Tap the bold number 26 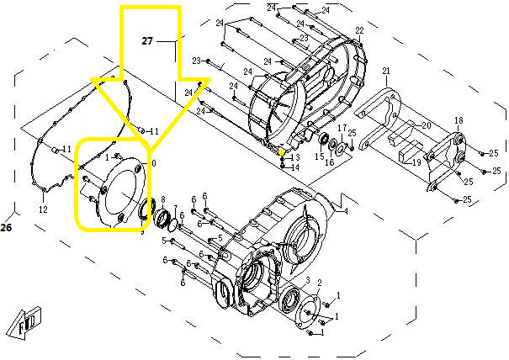7,227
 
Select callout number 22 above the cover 359,31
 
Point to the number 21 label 386,71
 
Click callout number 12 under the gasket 43,209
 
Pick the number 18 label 459,120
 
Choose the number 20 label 427,125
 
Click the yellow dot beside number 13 282,151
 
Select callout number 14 295,167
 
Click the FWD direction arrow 23,327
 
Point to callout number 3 309,279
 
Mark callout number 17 342,127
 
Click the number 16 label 331,161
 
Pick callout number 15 319,156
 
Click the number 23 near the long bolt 195,61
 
